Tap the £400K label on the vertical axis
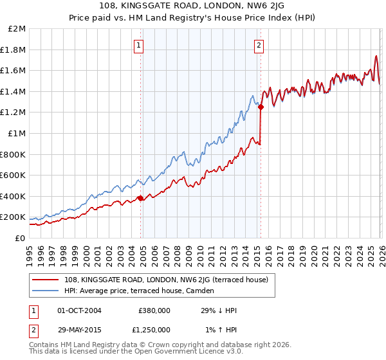pyautogui.click(x=14, y=196)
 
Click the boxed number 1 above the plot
pyautogui.click(x=139, y=45)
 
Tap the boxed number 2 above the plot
pyautogui.click(x=259, y=45)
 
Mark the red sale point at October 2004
pyautogui.click(x=140, y=198)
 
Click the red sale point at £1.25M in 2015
pyautogui.click(x=261, y=107)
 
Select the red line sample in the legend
pyautogui.click(x=45, y=280)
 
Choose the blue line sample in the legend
pyautogui.click(x=45, y=291)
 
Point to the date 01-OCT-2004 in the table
pyautogui.click(x=79, y=311)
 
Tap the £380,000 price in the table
pyautogui.click(x=154, y=311)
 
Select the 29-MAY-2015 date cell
pyautogui.click(x=79, y=329)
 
